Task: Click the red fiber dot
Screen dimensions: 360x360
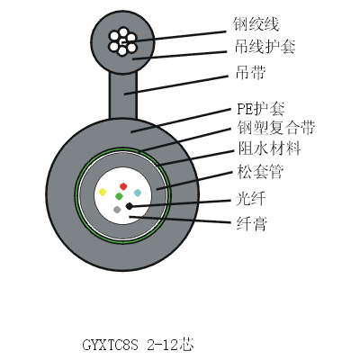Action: (123, 186)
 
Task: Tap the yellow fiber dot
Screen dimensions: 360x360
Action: (103, 192)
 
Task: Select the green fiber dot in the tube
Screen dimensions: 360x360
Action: (119, 196)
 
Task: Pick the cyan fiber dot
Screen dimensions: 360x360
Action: (138, 193)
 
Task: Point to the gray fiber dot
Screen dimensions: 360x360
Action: (117, 210)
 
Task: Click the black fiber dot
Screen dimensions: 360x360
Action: (130, 206)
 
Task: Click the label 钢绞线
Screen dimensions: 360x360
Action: (256, 24)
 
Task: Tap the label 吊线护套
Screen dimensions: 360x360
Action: (265, 47)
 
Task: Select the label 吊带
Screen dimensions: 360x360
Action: (251, 73)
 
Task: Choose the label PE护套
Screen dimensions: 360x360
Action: (261, 108)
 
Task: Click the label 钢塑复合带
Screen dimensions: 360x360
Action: (276, 128)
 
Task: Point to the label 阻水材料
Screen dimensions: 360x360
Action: (269, 148)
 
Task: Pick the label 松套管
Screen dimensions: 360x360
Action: (260, 172)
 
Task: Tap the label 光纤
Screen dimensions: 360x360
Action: (251, 199)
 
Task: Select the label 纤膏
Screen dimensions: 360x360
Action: (252, 223)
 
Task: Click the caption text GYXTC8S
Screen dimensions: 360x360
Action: (111, 345)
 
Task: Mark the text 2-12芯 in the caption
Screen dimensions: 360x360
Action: (170, 345)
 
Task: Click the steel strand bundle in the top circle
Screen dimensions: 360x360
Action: (122, 41)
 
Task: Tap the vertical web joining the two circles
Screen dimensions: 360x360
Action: (123, 94)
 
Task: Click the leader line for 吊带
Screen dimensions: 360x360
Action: (176, 85)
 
